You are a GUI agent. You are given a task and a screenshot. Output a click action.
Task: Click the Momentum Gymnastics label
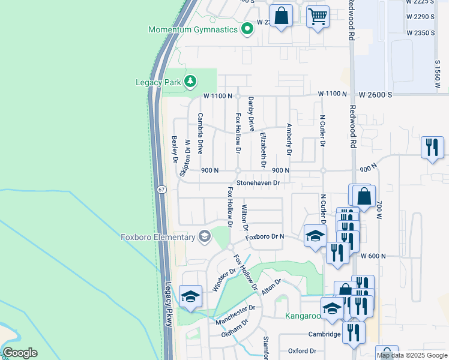(193, 29)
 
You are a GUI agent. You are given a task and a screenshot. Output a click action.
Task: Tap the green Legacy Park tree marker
(190, 80)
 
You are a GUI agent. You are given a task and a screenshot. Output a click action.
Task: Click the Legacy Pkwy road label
(169, 304)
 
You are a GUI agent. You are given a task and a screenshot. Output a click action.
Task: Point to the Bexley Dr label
(175, 149)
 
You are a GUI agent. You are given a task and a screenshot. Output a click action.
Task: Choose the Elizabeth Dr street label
(263, 149)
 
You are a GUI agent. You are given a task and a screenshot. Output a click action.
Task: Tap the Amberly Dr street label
(289, 140)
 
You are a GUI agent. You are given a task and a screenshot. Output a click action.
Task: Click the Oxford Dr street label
(301, 351)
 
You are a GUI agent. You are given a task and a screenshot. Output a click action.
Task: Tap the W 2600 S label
(376, 95)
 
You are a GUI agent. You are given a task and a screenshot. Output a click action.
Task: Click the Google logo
(20, 353)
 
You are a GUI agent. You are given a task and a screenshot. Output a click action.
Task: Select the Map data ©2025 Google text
(411, 355)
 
